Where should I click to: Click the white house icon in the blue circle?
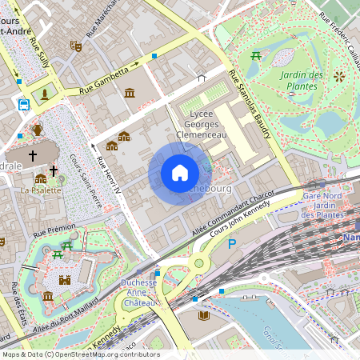tap(180, 173)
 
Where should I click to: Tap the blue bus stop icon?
tap(24, 104)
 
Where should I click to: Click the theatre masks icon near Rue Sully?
tap(76, 46)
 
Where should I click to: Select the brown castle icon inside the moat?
tap(65, 280)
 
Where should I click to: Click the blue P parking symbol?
tap(233, 244)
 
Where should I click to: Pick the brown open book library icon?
tap(204, 315)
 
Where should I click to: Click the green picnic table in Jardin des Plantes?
tap(255, 55)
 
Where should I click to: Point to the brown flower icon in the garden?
tap(339, 77)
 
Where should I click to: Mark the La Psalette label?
tap(42, 190)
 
